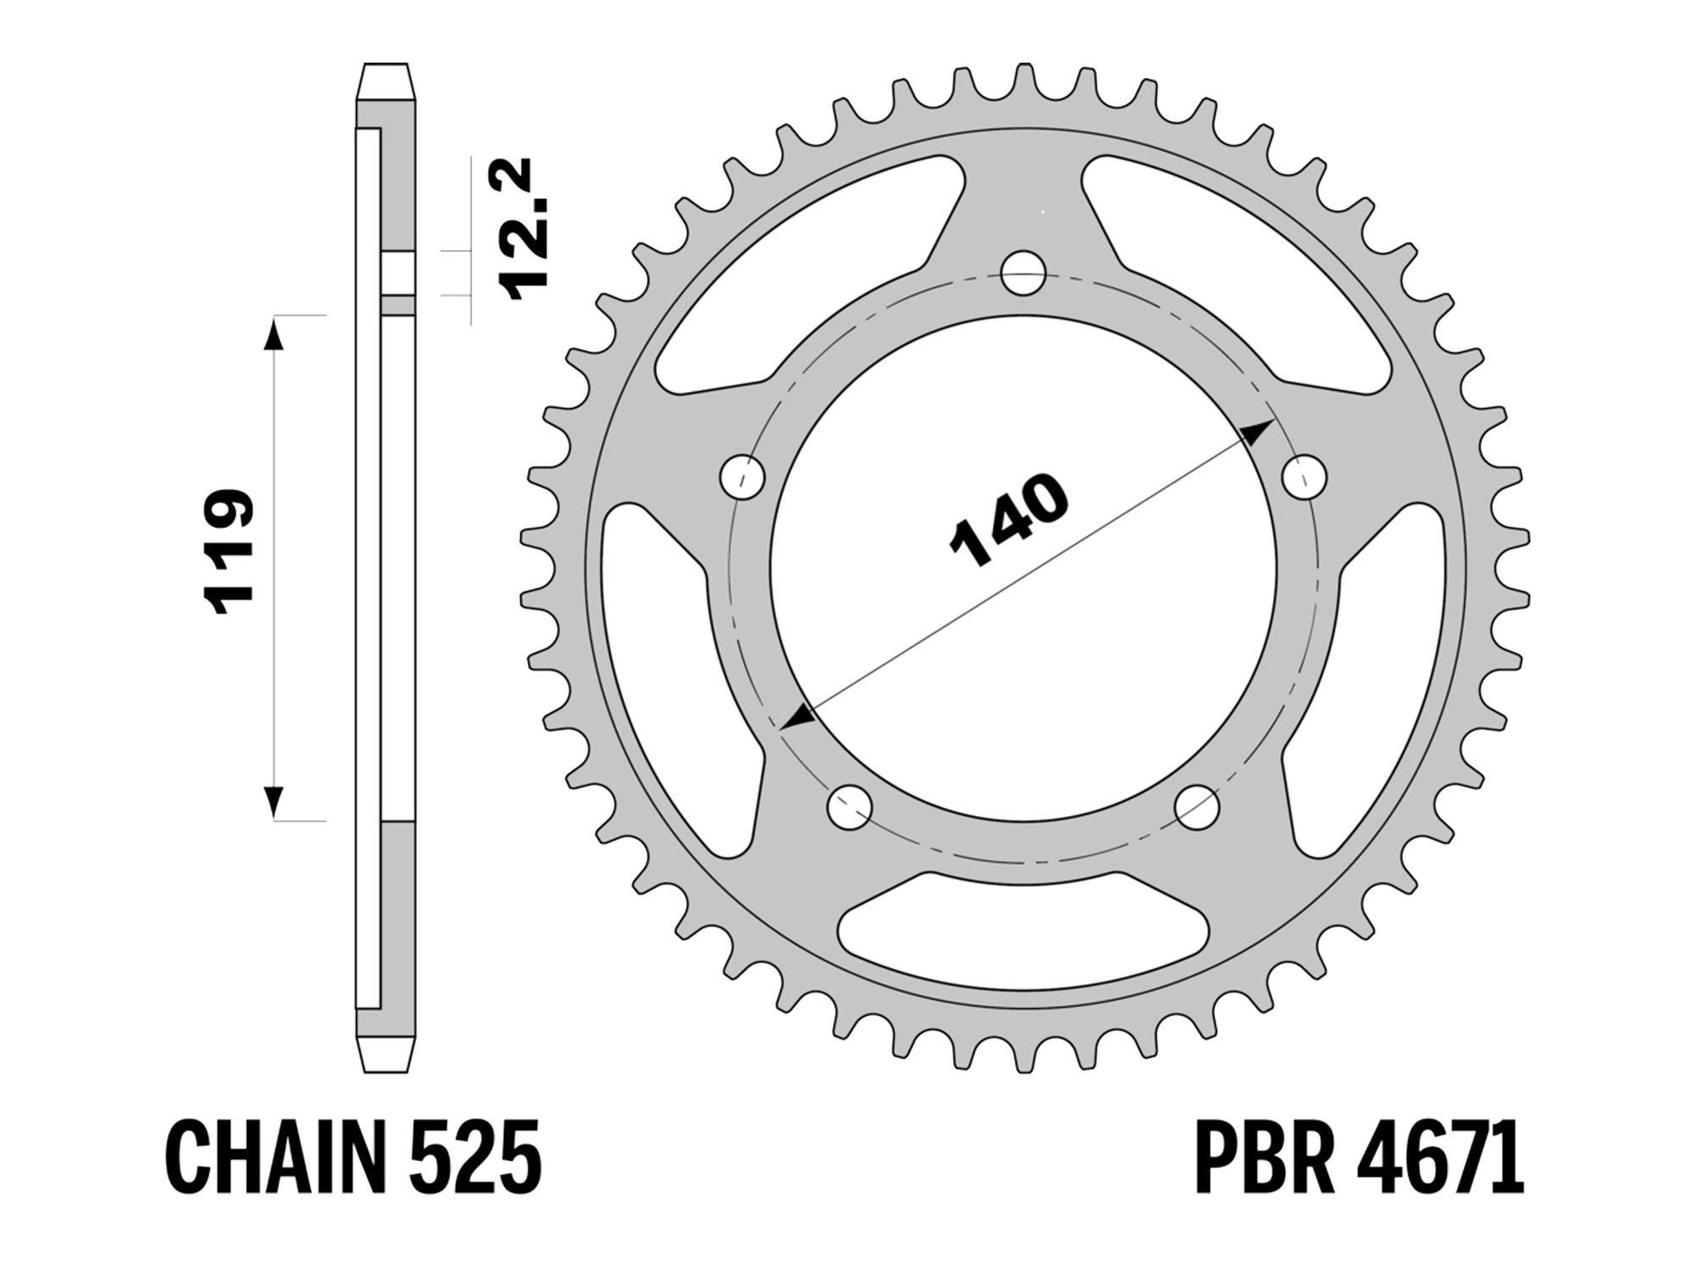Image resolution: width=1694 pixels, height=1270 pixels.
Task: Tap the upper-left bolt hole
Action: pos(744,475)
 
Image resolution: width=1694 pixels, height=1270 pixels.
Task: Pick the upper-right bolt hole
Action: pos(1304,475)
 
